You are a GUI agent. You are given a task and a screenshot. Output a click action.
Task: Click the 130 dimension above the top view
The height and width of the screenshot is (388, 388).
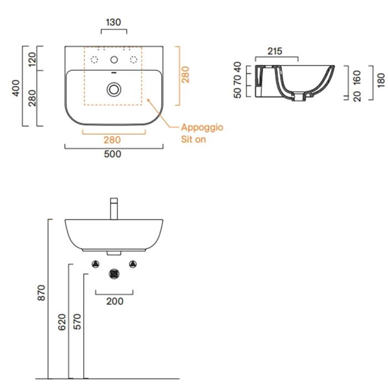click(114, 22)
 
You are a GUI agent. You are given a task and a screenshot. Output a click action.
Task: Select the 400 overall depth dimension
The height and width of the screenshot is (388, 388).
click(16, 88)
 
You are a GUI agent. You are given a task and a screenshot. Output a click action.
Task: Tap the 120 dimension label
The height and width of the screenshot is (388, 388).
click(32, 59)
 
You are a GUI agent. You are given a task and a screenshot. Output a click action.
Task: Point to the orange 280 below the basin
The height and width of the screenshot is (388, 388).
click(112, 140)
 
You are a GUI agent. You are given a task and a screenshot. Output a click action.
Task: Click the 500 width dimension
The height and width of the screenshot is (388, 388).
click(113, 154)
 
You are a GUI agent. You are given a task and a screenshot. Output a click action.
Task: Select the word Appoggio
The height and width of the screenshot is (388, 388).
click(202, 127)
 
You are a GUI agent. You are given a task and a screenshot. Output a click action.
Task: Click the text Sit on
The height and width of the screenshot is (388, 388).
click(193, 139)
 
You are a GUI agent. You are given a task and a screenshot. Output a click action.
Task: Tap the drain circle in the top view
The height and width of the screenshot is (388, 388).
click(114, 89)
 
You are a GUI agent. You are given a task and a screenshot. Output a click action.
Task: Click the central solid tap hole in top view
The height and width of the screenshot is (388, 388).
click(114, 60)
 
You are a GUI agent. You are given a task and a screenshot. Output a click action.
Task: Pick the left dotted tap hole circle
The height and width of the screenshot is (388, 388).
click(94, 60)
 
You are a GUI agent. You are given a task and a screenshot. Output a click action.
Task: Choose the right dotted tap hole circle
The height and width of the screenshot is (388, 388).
click(134, 60)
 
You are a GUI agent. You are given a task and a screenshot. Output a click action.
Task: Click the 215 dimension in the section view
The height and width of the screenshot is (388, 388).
click(275, 51)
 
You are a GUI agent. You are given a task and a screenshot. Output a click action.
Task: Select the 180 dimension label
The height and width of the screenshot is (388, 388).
click(381, 80)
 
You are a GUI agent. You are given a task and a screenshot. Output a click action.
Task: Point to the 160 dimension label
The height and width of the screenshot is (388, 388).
click(357, 78)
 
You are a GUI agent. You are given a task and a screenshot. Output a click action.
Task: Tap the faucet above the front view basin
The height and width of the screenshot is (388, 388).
click(114, 208)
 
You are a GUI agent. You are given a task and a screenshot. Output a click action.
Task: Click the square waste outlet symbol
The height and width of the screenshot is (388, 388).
click(114, 274)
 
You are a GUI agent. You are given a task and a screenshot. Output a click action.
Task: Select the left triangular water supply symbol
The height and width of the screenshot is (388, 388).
click(95, 264)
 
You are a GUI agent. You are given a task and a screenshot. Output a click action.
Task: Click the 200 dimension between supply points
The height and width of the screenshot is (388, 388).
click(115, 302)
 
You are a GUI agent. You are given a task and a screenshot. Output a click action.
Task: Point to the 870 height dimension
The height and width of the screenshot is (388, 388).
click(42, 293)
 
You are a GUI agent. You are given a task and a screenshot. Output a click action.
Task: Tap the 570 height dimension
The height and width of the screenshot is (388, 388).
click(77, 321)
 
